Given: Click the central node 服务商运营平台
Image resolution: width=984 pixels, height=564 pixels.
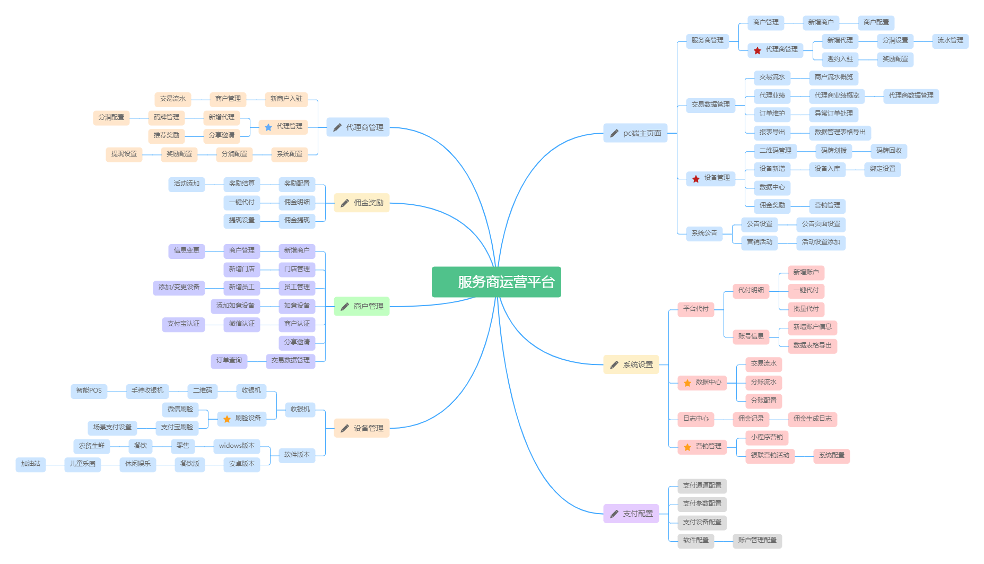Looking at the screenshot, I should pyautogui.click(x=496, y=282).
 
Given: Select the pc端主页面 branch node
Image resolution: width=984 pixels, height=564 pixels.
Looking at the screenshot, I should pyautogui.click(x=635, y=133).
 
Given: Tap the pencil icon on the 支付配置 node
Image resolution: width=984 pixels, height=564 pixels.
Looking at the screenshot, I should pyautogui.click(x=614, y=514).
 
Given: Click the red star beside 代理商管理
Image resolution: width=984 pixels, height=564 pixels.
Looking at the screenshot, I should pyautogui.click(x=757, y=50).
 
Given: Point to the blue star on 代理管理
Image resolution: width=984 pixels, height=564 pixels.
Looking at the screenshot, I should pyautogui.click(x=268, y=127).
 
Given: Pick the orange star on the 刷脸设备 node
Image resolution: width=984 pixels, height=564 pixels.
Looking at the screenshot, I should pyautogui.click(x=227, y=419).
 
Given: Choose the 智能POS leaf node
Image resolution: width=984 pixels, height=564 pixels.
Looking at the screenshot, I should pyautogui.click(x=89, y=391).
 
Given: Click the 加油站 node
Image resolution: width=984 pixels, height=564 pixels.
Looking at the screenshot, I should pyautogui.click(x=31, y=464).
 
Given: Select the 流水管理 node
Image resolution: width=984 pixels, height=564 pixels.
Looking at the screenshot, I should pyautogui.click(x=950, y=40).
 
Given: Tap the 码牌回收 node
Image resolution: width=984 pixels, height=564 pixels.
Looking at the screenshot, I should pyautogui.click(x=889, y=151).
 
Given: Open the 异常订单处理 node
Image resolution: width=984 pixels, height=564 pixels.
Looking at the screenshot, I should pyautogui.click(x=833, y=114).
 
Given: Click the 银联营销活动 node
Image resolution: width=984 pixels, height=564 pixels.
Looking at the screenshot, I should pyautogui.click(x=770, y=455).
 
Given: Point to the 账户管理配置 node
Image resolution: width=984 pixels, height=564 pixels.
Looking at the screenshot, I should pyautogui.click(x=757, y=540).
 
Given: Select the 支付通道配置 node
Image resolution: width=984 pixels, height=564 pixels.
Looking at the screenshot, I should pyautogui.click(x=702, y=485).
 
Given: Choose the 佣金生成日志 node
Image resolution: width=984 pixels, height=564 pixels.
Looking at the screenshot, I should pyautogui.click(x=812, y=419).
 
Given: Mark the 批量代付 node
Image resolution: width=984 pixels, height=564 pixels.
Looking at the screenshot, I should pyautogui.click(x=806, y=309).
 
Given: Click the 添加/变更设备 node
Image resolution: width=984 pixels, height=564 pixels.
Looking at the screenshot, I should pyautogui.click(x=179, y=287).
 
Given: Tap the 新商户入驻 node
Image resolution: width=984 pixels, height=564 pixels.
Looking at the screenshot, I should pyautogui.click(x=286, y=99).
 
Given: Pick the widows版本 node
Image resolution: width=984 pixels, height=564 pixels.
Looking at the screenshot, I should pyautogui.click(x=237, y=446).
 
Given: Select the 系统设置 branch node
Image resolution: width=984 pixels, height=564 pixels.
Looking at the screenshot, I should pyautogui.click(x=631, y=365).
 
